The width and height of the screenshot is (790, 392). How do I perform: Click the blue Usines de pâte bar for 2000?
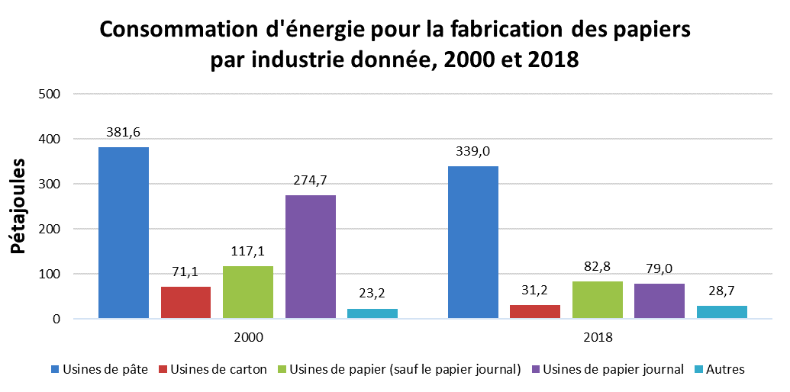point(124,233)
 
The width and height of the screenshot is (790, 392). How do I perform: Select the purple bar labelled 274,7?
point(311,257)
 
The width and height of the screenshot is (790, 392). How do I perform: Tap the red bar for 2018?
point(535,311)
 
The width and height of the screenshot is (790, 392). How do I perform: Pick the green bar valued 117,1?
point(248,292)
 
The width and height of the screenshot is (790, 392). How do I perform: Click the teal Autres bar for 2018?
point(722,312)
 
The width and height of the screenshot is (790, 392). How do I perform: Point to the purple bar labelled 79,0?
point(659,301)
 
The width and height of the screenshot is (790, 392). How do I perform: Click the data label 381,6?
point(124,133)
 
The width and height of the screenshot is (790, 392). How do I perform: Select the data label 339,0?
point(473,152)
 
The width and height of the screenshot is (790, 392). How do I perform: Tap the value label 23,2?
point(372,294)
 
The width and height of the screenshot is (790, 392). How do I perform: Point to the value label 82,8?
point(598,267)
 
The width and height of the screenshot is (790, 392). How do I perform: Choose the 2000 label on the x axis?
point(248,337)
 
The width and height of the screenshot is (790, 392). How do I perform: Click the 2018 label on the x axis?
point(598,337)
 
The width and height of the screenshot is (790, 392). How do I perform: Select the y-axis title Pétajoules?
point(18,207)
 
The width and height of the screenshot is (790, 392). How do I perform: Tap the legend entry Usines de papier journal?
point(608,370)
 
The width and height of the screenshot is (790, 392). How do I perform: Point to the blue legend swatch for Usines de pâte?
point(54,370)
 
